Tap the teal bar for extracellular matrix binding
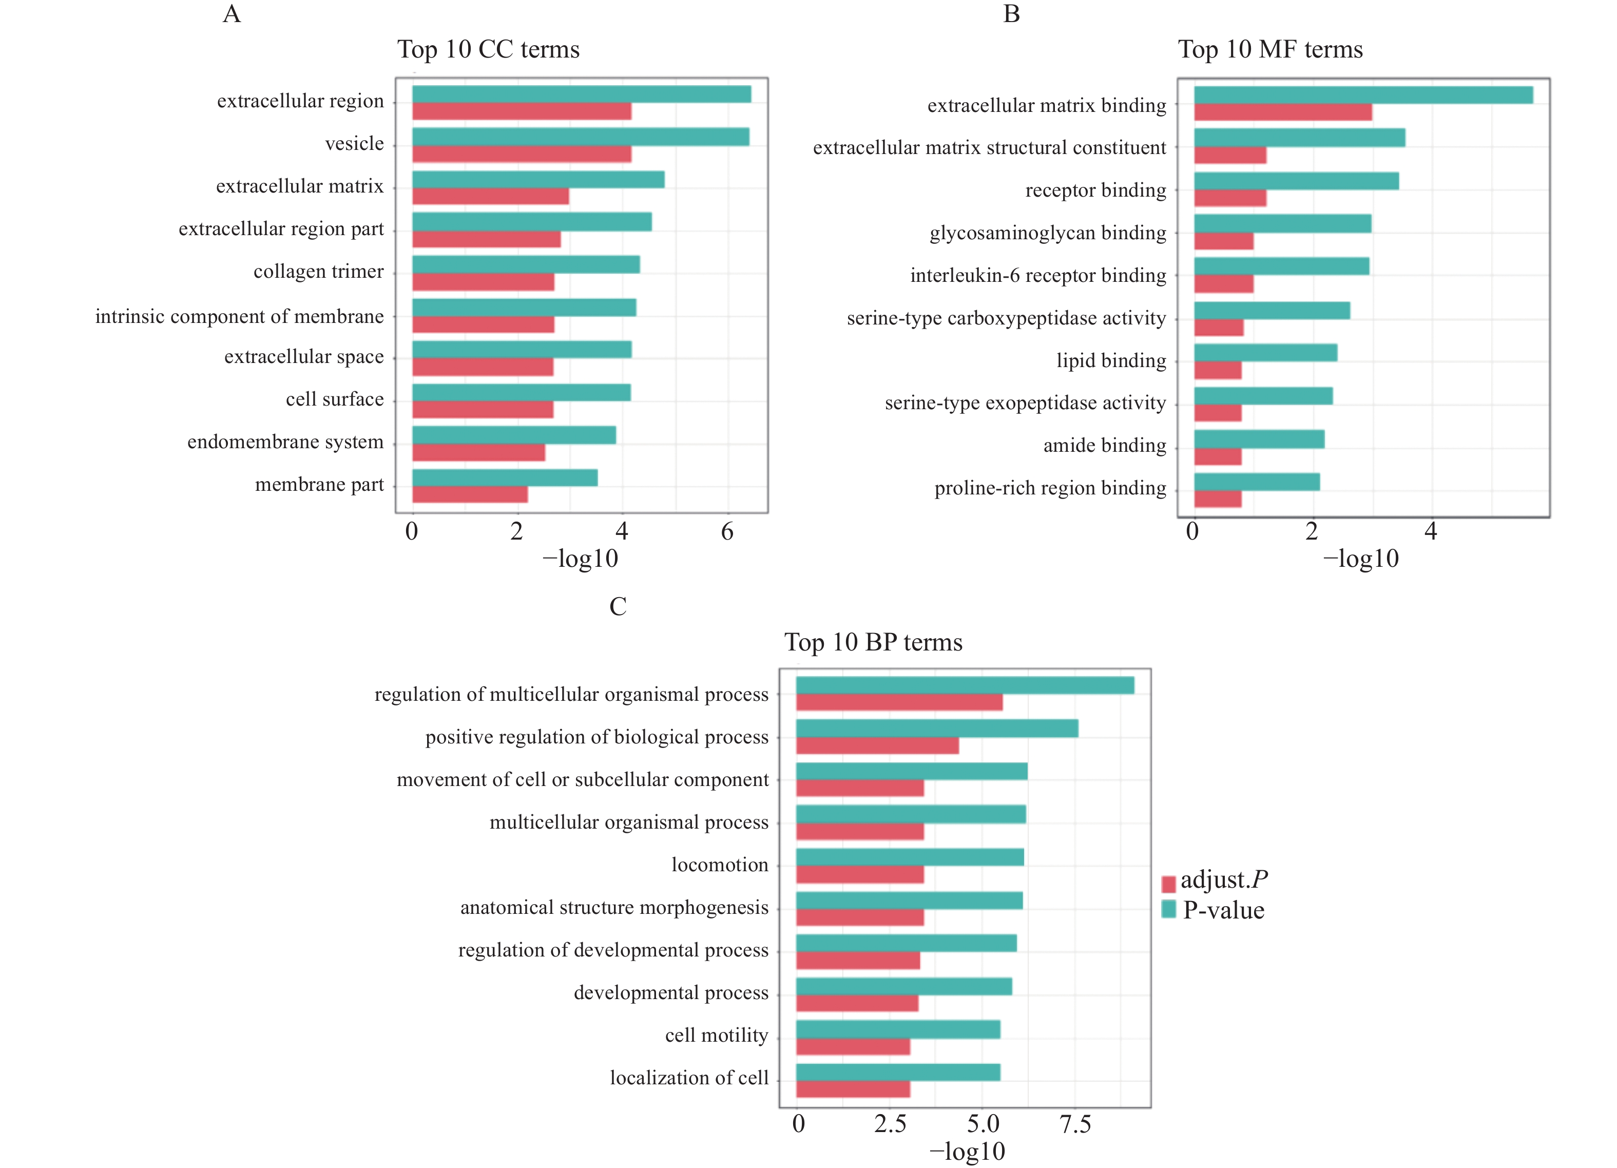[1363, 95]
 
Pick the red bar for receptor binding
[1230, 198]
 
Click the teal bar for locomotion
[910, 857]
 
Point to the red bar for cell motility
[853, 1047]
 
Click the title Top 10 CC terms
[488, 49]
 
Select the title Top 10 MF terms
[1270, 49]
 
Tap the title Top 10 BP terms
[873, 642]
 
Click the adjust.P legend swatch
[1168, 884]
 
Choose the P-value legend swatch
[1168, 909]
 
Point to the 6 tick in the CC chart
[727, 531]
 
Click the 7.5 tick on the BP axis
[1075, 1124]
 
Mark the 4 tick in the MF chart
[1430, 531]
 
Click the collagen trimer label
[319, 272]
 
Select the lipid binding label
[1111, 361]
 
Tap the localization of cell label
[689, 1078]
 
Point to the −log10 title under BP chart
[968, 1152]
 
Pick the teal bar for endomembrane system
[513, 435]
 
